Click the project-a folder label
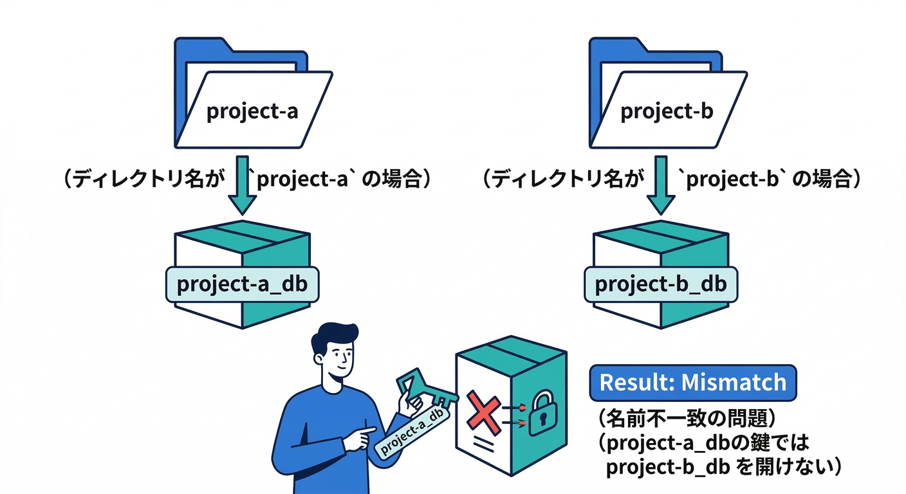pos(252,111)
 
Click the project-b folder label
pos(666,111)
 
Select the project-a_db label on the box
pos(242,284)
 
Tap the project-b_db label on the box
pos(660,284)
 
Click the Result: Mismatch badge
pos(692,382)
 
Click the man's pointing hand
pos(360,439)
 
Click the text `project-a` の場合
pos(340,179)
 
